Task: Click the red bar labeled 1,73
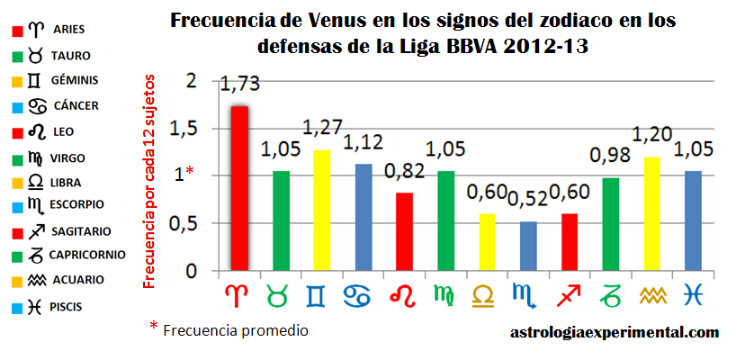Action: (x=238, y=188)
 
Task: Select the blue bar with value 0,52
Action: (x=528, y=246)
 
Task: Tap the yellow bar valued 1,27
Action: (x=321, y=210)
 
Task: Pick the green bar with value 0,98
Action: (x=611, y=224)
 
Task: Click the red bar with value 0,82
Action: (x=404, y=231)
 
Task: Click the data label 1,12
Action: (x=363, y=142)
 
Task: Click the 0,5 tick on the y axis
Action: (x=183, y=224)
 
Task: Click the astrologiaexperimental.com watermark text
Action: (x=615, y=332)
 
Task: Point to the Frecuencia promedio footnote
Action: (x=235, y=330)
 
